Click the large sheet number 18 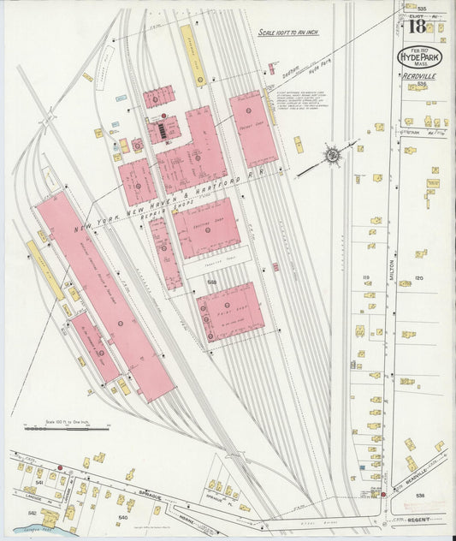[417, 27]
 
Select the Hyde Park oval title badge [419, 57]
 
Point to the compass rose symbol [330, 156]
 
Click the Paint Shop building [229, 310]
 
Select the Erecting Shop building [206, 226]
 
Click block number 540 [122, 517]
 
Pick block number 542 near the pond [32, 513]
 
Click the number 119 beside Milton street [365, 278]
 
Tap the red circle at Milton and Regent [384, 494]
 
